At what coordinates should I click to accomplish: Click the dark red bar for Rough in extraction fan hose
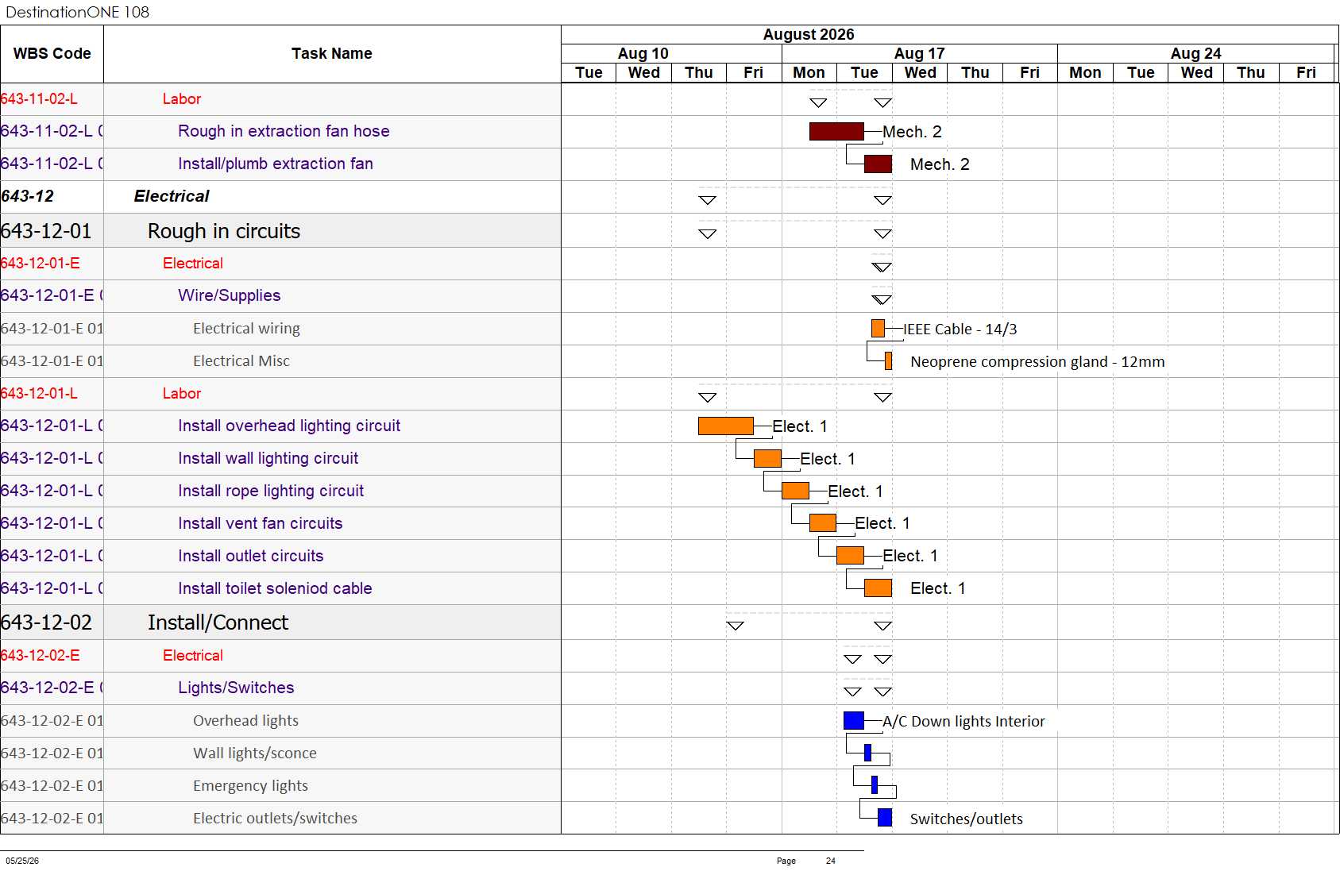click(836, 132)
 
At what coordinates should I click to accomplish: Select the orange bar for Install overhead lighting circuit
click(726, 426)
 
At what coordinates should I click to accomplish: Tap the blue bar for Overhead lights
click(854, 720)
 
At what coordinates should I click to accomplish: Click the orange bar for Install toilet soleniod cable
click(879, 588)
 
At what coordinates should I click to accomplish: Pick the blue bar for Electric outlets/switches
click(885, 818)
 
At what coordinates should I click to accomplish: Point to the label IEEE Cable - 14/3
click(960, 330)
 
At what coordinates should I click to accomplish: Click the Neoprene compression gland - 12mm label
click(1037, 362)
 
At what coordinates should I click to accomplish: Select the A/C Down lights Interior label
click(963, 722)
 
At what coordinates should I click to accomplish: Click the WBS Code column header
click(52, 53)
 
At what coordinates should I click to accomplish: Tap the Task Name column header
click(332, 53)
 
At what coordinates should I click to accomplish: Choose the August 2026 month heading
click(808, 34)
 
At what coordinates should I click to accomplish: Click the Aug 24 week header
click(1195, 53)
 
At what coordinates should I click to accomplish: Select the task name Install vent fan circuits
click(261, 523)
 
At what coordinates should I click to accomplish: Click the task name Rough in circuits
click(224, 231)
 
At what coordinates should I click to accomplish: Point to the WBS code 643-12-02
click(46, 622)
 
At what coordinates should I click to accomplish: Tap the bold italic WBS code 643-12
click(28, 196)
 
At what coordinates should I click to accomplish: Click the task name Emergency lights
click(251, 785)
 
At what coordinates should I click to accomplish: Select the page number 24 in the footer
click(830, 861)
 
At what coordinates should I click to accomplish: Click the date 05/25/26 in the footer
click(22, 861)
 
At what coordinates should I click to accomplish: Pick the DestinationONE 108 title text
click(77, 12)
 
